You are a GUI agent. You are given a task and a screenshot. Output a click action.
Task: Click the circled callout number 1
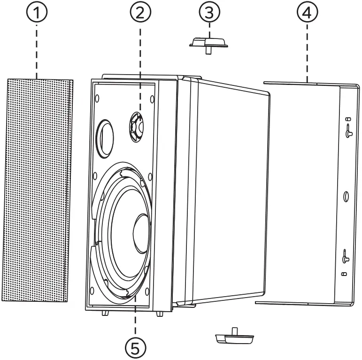(x=36, y=13)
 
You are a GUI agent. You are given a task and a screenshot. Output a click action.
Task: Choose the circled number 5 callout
(x=135, y=347)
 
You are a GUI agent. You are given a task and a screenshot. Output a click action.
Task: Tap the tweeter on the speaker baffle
(x=139, y=125)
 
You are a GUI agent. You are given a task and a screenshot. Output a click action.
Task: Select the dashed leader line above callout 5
(x=135, y=319)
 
